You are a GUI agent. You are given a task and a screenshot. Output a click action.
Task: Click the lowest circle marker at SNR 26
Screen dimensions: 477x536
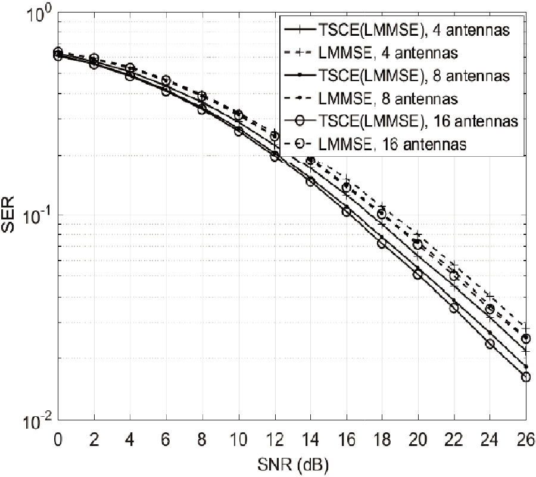(526, 377)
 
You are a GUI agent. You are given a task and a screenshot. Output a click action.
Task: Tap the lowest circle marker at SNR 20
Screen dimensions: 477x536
(418, 274)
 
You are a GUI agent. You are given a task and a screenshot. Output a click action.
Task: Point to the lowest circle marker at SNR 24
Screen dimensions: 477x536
(490, 344)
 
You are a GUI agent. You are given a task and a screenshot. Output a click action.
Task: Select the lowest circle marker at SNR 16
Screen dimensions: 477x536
(346, 212)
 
